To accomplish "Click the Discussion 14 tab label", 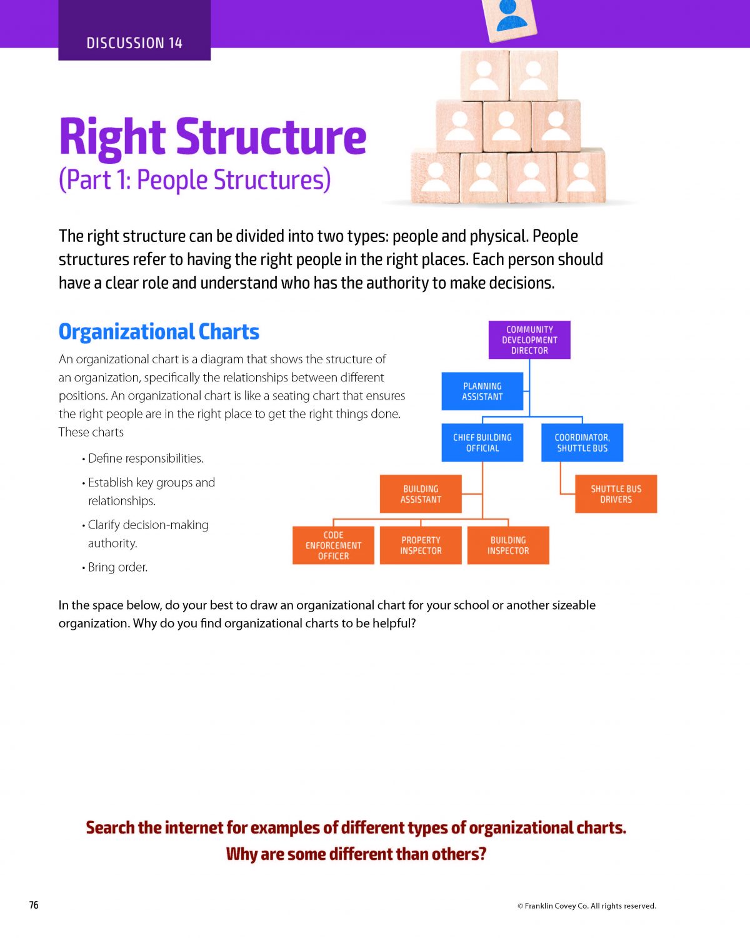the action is pyautogui.click(x=134, y=43).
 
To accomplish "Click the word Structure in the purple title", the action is pyautogui.click(x=271, y=137).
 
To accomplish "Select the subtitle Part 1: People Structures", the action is pyautogui.click(x=195, y=179).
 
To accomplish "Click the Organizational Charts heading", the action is pyautogui.click(x=159, y=331).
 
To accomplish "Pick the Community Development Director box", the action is pyautogui.click(x=529, y=340).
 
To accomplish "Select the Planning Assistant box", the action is pyautogui.click(x=482, y=391).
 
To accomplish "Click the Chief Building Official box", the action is pyautogui.click(x=482, y=442).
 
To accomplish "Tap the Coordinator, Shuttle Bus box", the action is pyautogui.click(x=582, y=442).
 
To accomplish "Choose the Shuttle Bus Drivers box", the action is pyautogui.click(x=616, y=494).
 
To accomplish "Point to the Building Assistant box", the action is pyautogui.click(x=421, y=494).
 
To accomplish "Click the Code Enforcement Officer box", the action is pyautogui.click(x=333, y=545).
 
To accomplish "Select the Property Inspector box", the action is pyautogui.click(x=421, y=545).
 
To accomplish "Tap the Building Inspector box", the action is pyautogui.click(x=508, y=545).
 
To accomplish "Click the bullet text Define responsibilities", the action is pyautogui.click(x=146, y=458).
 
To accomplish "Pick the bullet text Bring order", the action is pyautogui.click(x=118, y=567).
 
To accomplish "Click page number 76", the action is pyautogui.click(x=34, y=905).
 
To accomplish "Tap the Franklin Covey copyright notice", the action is pyautogui.click(x=587, y=905).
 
